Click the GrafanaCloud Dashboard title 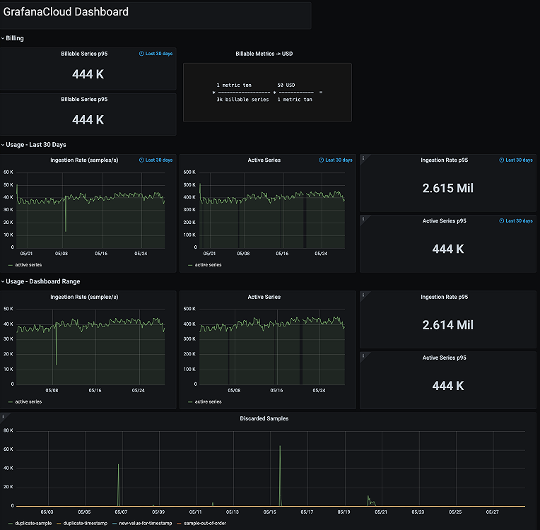(x=66, y=12)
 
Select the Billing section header (x=15, y=38)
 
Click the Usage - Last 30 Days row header (x=36, y=145)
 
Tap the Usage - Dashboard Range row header (x=42, y=281)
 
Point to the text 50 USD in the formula (x=286, y=85)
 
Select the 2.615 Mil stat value (x=447, y=189)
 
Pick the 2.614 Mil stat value (x=447, y=325)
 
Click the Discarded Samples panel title (x=264, y=418)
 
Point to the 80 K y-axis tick (x=8, y=430)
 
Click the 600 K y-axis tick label (x=189, y=172)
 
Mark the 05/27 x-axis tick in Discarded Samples (x=492, y=512)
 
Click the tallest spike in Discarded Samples (x=280, y=447)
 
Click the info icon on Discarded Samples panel (x=4, y=417)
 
